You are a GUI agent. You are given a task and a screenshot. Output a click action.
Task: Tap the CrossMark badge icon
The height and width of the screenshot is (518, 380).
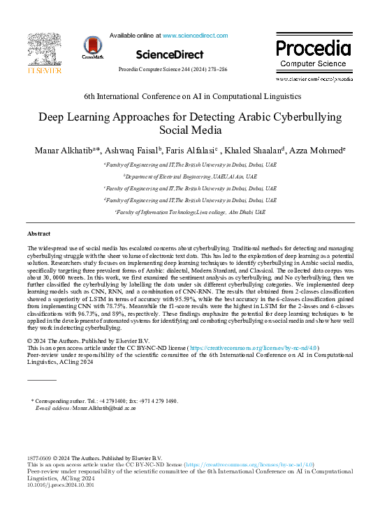click(x=92, y=47)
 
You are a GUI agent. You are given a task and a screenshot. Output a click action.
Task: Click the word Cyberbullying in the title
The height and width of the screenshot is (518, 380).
click(x=302, y=118)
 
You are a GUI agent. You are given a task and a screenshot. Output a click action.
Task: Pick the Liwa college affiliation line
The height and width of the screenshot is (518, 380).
click(x=190, y=211)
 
